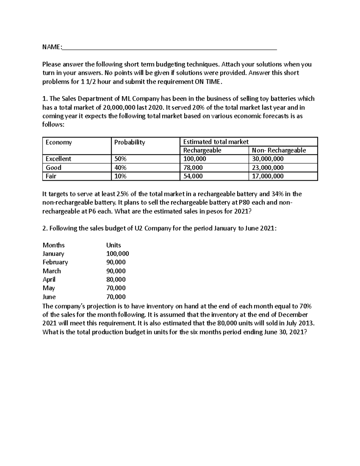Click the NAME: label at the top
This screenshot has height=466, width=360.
pos(52,47)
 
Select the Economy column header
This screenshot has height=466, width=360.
pos(58,142)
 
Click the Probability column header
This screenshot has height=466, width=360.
pos(129,142)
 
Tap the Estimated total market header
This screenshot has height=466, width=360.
pos(216,142)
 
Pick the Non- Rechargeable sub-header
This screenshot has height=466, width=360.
pos(279,150)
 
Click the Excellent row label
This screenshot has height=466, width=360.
pos(58,159)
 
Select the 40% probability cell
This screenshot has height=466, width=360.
pos(120,167)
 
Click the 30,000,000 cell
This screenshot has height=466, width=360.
pos(268,159)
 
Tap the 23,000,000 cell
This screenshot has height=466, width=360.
pos(268,167)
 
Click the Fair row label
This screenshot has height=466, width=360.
pos(51,176)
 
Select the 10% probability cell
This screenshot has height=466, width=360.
pos(120,176)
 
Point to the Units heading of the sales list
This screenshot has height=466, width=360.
pos(113,245)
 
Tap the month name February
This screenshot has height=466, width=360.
pos(55,262)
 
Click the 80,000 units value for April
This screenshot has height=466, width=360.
pos(116,280)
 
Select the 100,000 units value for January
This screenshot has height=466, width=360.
pos(118,254)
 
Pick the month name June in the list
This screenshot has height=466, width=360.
pos(49,297)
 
